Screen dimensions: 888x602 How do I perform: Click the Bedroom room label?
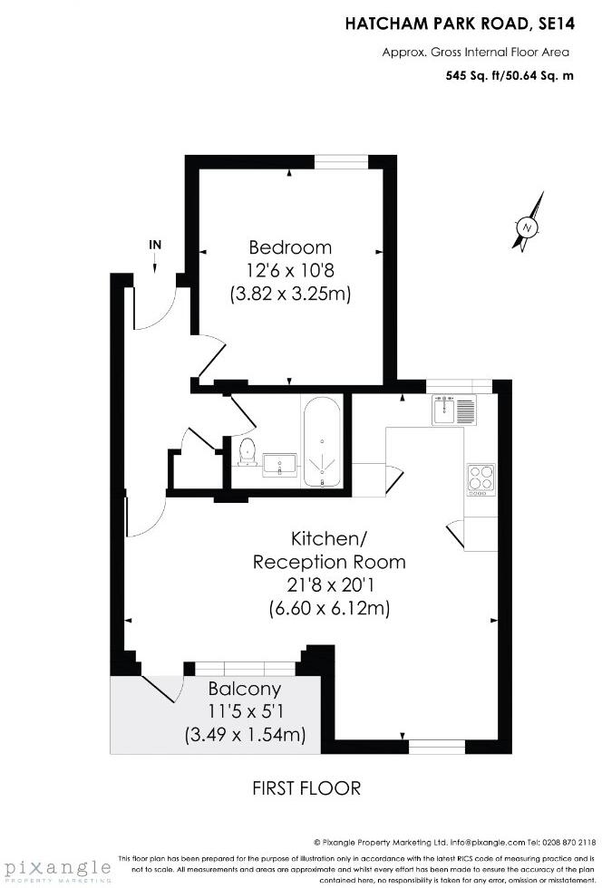(x=290, y=246)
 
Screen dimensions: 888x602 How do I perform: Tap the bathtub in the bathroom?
(x=323, y=441)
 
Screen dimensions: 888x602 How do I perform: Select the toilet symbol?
(x=246, y=450)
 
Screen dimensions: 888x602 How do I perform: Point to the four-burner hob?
(x=481, y=478)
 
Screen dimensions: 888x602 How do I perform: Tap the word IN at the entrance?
(x=155, y=244)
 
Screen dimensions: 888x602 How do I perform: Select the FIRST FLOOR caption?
(x=306, y=788)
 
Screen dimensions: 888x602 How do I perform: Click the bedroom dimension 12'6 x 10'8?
(x=290, y=270)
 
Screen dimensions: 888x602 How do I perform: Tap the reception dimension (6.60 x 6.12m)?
(x=329, y=608)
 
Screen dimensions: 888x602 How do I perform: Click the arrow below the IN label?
(x=155, y=263)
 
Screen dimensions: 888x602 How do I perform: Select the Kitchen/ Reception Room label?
(x=329, y=549)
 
